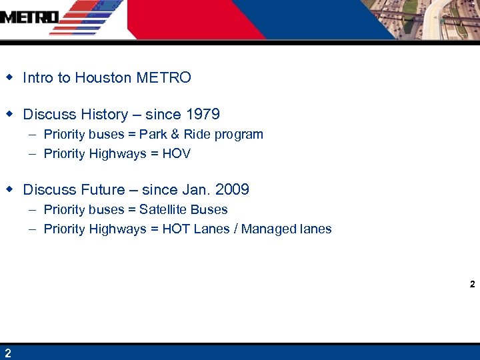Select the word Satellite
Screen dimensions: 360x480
(x=163, y=210)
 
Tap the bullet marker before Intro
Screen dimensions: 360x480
(x=9, y=77)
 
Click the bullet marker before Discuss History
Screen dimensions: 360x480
(x=9, y=114)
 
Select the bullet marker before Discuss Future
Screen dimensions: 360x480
(x=9, y=189)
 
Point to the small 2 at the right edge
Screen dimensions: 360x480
(x=472, y=284)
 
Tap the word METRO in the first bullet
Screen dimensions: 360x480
(x=163, y=78)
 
